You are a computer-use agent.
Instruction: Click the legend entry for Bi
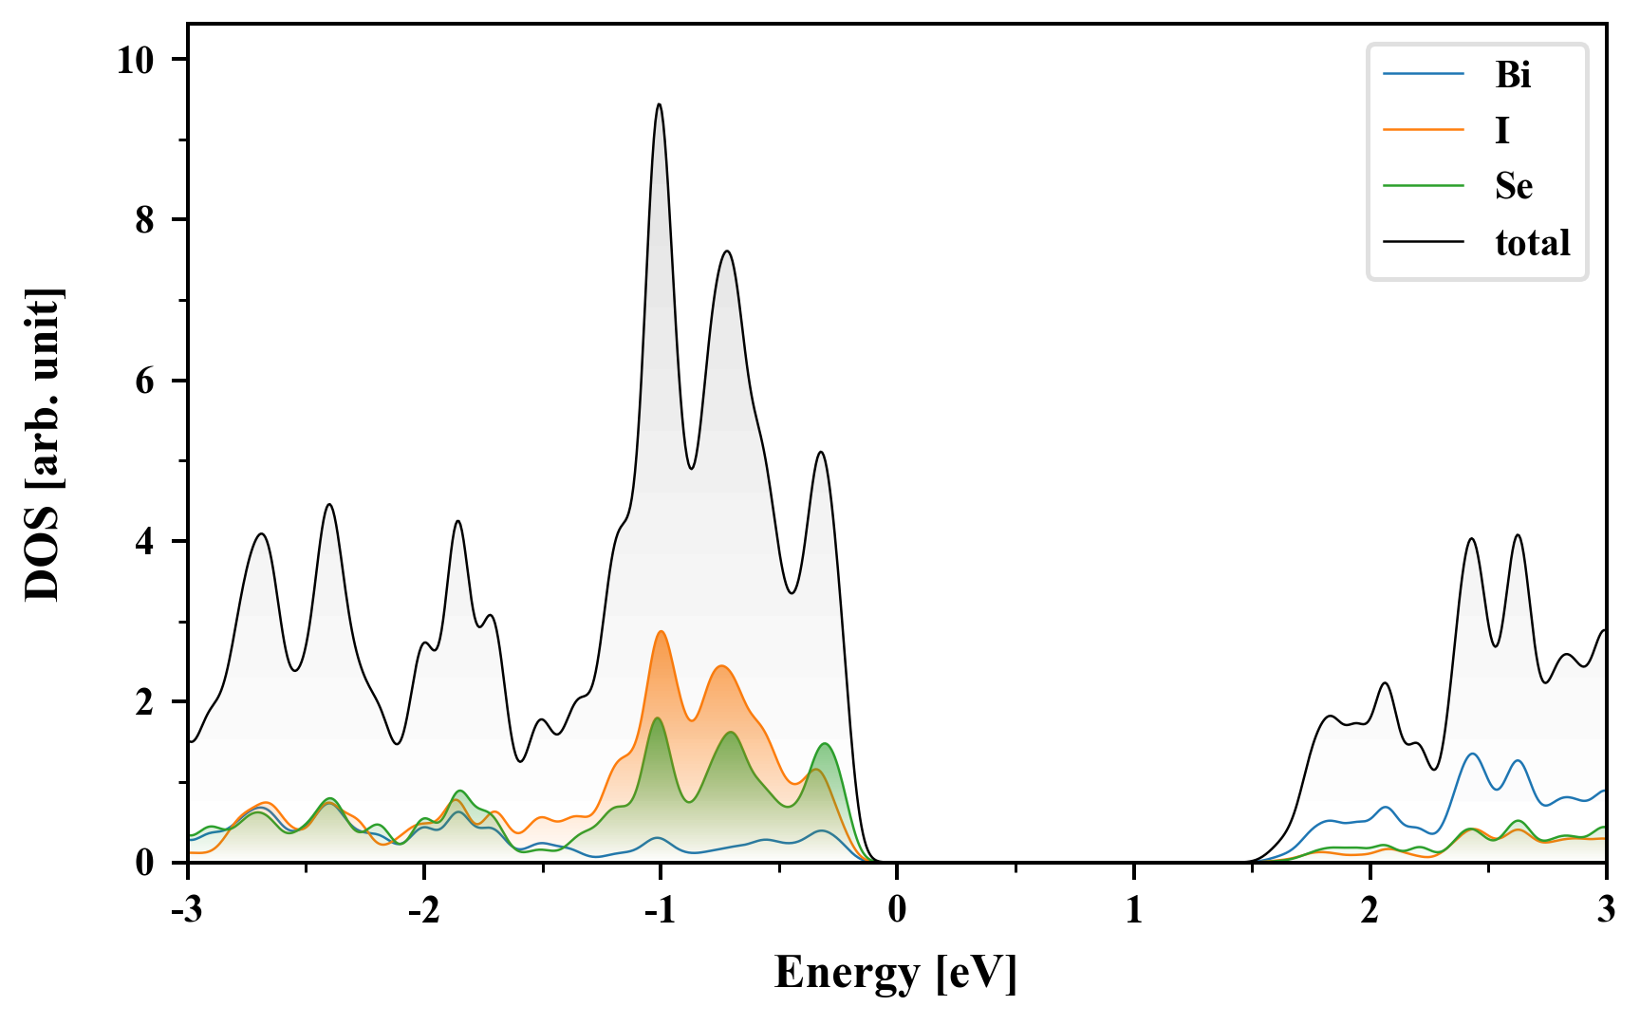click(1513, 74)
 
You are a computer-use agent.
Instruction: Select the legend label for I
click(1501, 130)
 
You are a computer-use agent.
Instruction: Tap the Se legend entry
click(1514, 186)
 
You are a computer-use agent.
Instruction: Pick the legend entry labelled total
click(1532, 242)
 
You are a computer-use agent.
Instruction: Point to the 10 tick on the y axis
click(135, 60)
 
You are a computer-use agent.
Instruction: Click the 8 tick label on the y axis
click(143, 220)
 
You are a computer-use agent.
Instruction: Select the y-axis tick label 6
click(143, 381)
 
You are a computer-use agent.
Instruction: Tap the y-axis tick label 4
click(143, 541)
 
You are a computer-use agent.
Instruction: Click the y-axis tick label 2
click(143, 702)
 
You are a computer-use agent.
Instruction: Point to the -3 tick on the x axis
click(188, 910)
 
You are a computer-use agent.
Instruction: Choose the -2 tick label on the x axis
click(424, 910)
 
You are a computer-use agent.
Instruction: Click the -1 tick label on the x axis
click(661, 910)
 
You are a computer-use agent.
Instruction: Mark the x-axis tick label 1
click(1133, 910)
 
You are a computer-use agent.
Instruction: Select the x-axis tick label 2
click(1370, 910)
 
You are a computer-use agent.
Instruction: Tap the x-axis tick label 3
click(1606, 910)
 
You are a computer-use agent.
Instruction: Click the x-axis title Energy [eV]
click(896, 973)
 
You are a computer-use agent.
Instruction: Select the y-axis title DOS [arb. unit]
click(43, 444)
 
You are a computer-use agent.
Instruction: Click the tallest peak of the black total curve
click(659, 104)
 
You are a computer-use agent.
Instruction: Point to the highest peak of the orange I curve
click(661, 632)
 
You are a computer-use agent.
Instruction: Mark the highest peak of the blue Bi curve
click(1472, 754)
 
